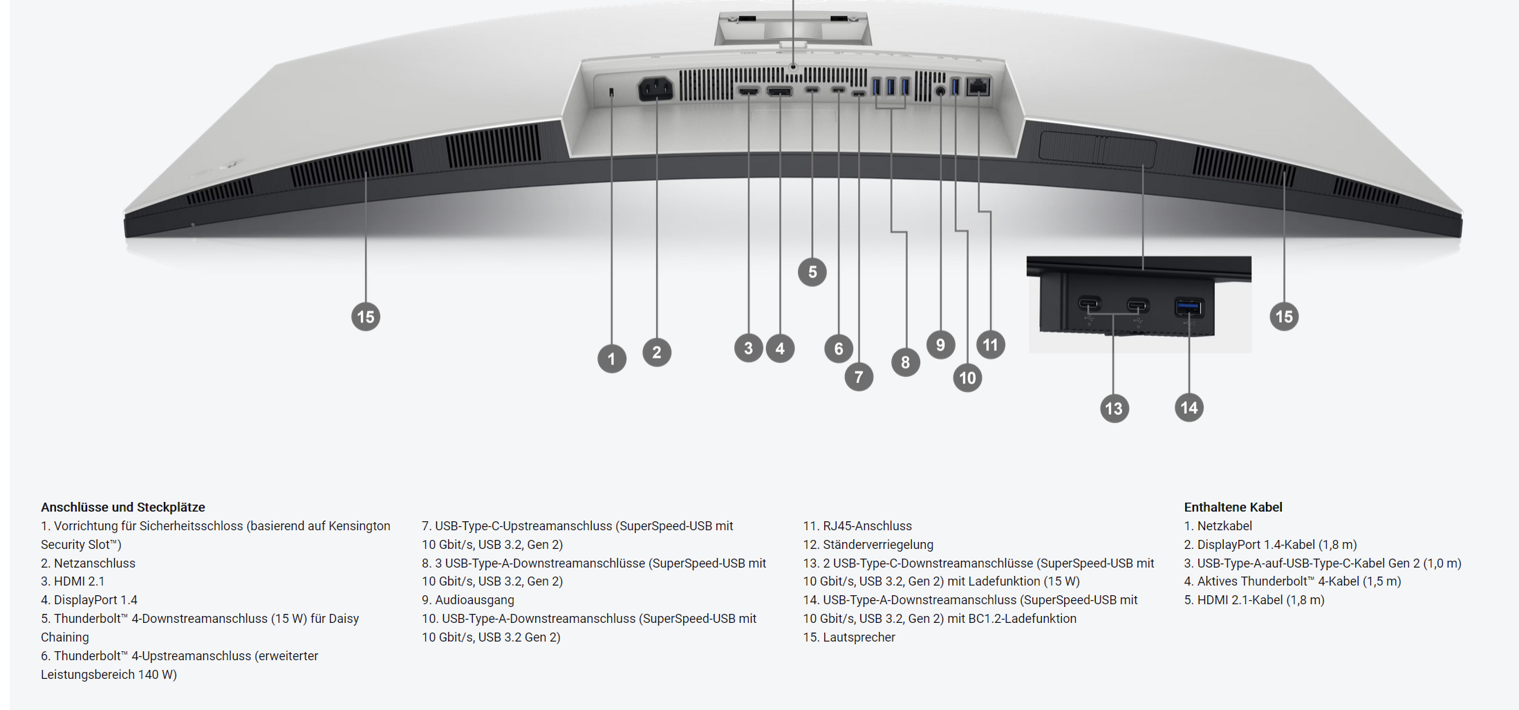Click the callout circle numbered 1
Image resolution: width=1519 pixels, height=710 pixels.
click(611, 359)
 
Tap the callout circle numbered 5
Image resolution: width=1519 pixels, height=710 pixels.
click(812, 272)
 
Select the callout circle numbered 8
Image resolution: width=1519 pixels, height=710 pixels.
click(906, 362)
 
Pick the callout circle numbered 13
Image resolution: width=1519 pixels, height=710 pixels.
click(1114, 409)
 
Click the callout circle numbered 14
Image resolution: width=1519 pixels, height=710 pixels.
click(1189, 408)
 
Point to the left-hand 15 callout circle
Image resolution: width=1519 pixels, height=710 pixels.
click(366, 317)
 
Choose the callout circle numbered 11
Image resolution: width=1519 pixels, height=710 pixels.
click(991, 344)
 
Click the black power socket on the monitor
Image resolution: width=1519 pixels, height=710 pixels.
click(655, 88)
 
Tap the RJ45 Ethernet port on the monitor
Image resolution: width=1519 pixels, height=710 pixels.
click(978, 86)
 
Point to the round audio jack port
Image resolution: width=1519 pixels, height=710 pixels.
click(940, 91)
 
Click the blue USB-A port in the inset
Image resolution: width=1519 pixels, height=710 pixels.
click(1189, 306)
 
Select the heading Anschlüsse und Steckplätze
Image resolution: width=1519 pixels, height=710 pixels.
click(123, 507)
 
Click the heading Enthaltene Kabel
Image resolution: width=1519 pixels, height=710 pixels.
click(1233, 507)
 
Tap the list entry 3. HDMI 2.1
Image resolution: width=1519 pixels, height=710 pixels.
click(73, 581)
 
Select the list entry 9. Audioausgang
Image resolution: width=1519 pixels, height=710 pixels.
click(468, 600)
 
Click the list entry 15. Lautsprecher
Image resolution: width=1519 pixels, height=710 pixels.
click(849, 637)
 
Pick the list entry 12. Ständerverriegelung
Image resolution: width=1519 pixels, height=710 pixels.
click(868, 545)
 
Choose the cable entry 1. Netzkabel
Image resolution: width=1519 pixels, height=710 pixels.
click(1218, 526)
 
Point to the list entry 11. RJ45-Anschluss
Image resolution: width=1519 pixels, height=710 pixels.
click(857, 526)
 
